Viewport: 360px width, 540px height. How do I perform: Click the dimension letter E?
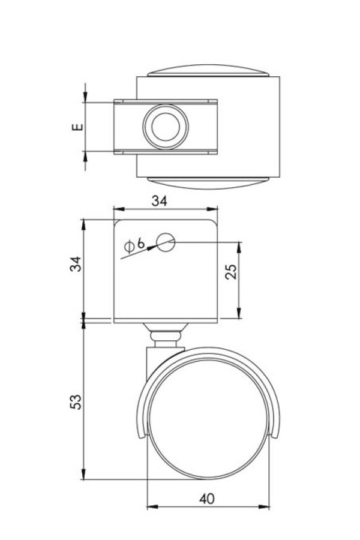(76, 127)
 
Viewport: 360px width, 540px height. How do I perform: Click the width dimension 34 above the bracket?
(158, 202)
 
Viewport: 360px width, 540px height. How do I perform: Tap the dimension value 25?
(232, 271)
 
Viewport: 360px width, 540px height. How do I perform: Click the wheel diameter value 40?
(208, 498)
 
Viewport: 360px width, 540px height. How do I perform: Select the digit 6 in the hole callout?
(140, 243)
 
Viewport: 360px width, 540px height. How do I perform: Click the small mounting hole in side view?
(165, 242)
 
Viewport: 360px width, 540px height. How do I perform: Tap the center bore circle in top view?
(165, 127)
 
